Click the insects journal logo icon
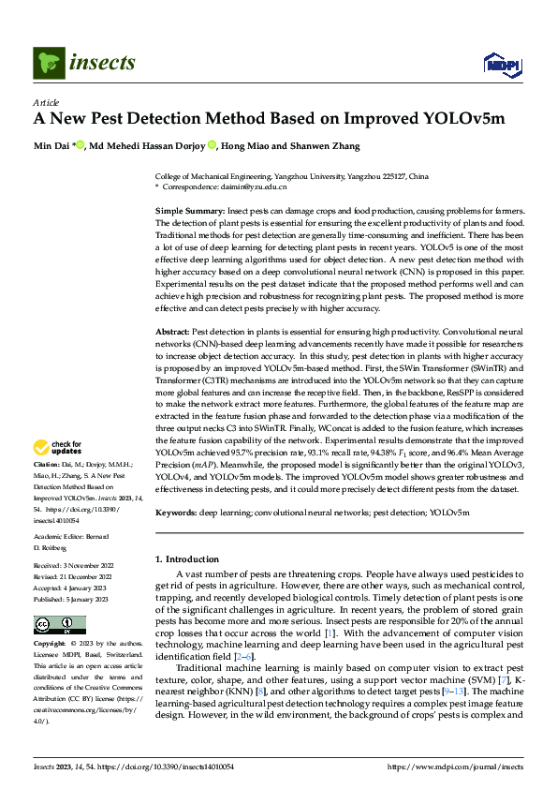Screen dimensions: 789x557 click(x=47, y=63)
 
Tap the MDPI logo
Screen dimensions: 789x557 click(x=500, y=63)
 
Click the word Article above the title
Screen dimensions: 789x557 click(x=46, y=102)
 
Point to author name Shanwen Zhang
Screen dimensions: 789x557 click(x=304, y=145)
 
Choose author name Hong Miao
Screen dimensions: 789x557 click(x=247, y=145)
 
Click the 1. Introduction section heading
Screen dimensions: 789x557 click(x=191, y=558)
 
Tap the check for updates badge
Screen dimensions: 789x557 click(x=59, y=447)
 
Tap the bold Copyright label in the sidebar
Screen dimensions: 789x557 click(x=49, y=645)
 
